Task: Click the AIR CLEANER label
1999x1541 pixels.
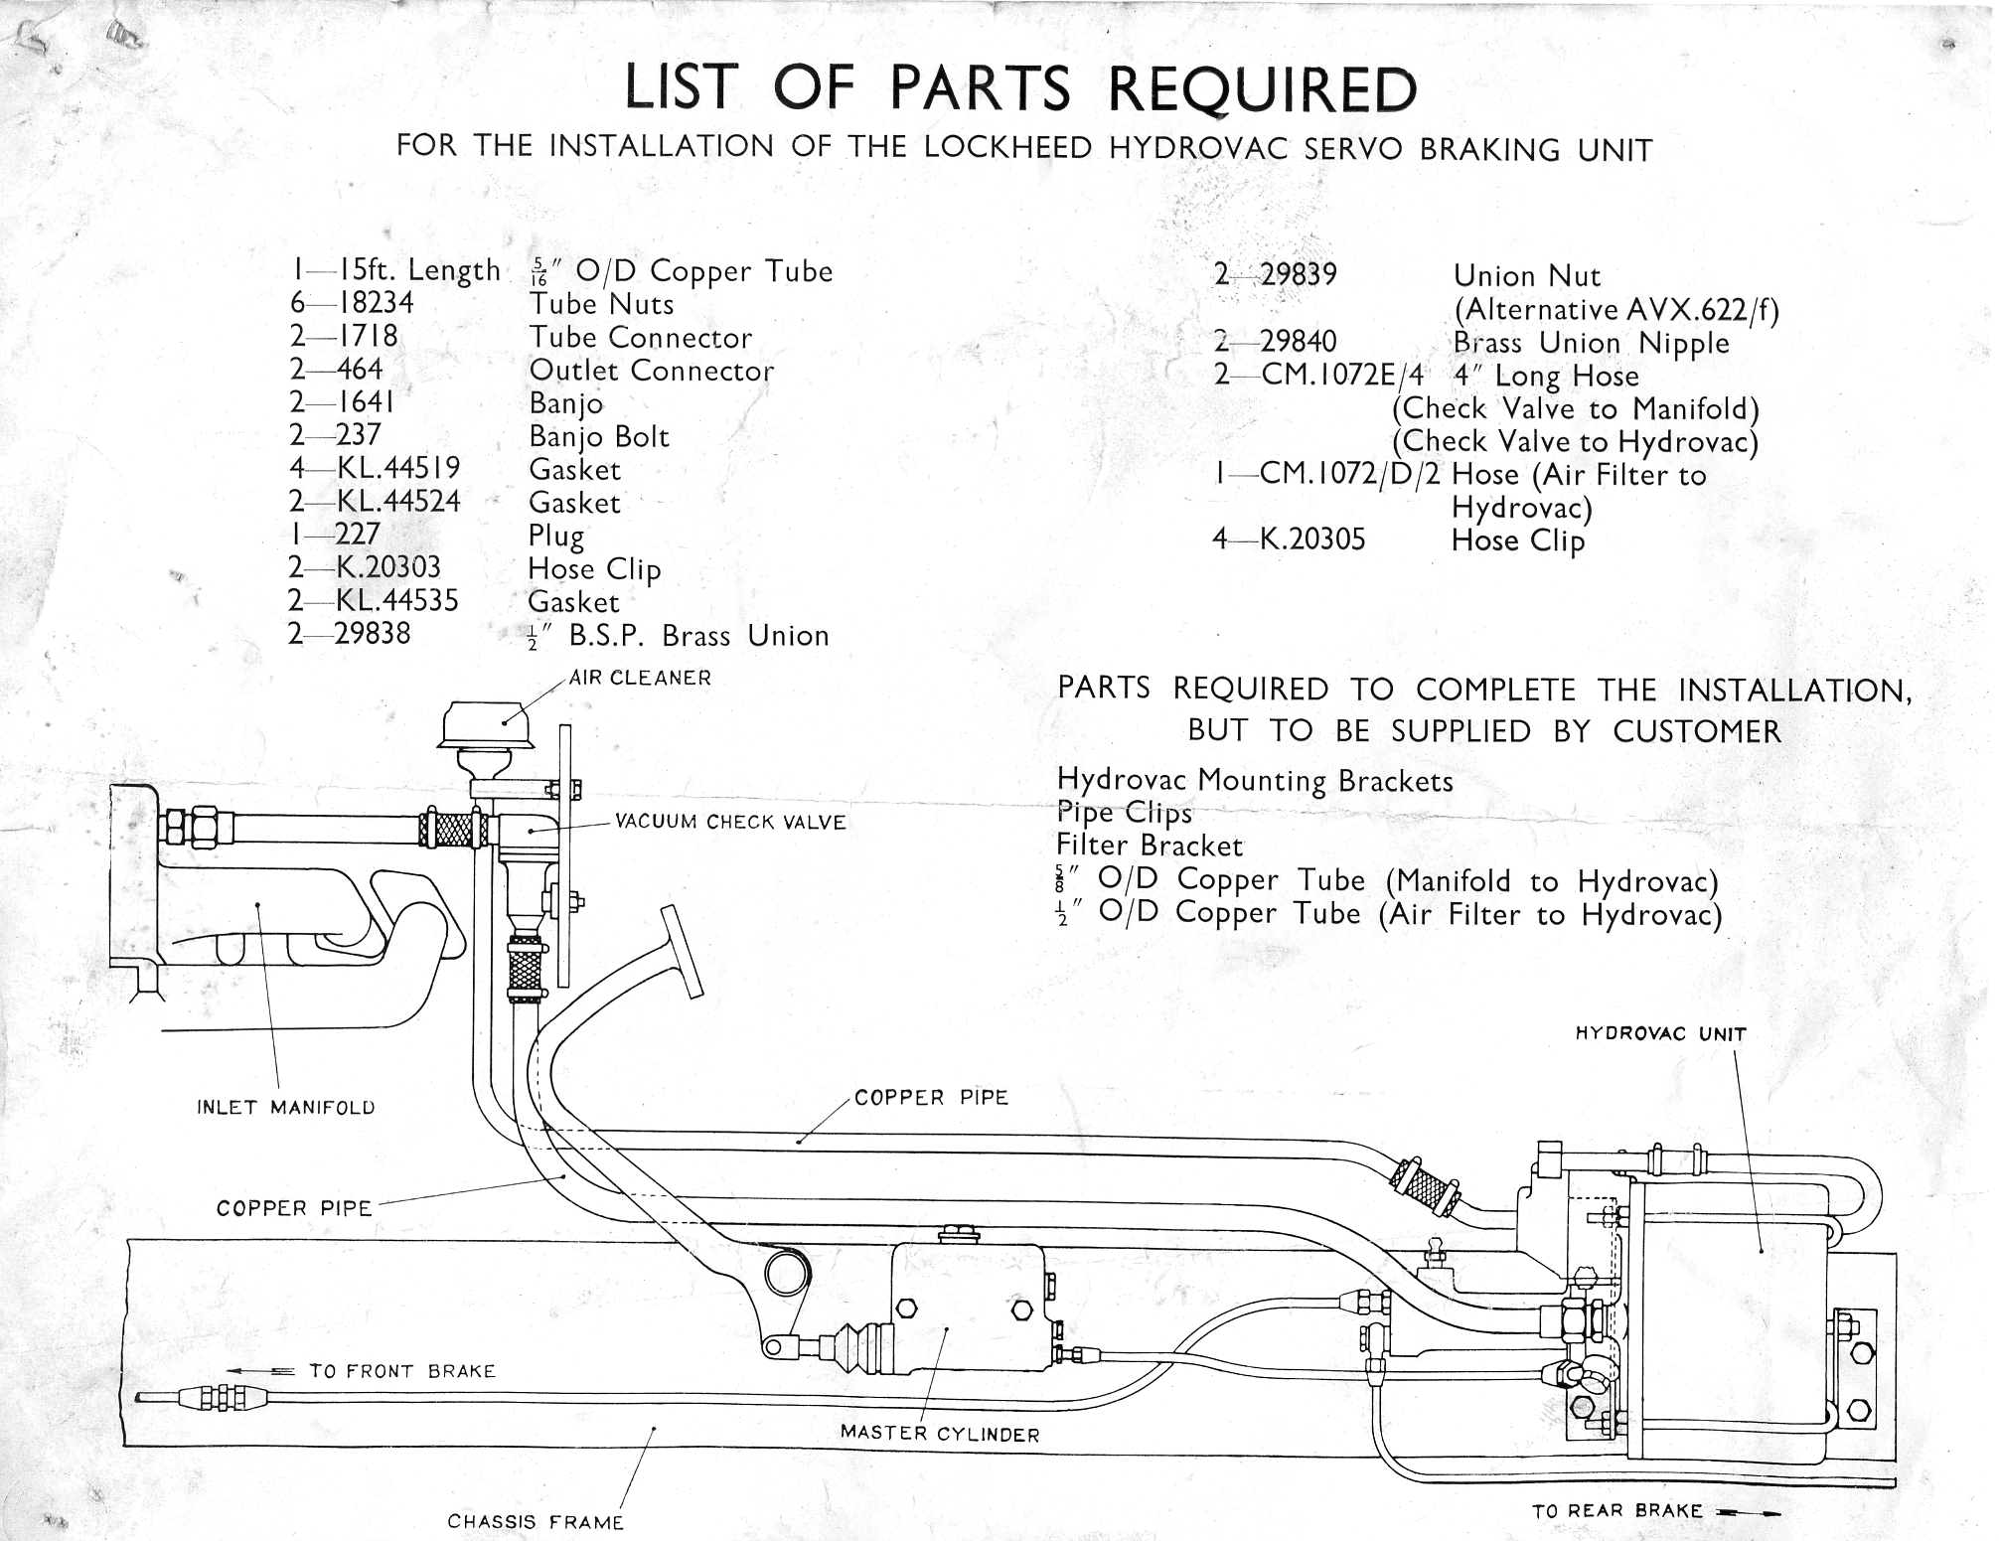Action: point(640,679)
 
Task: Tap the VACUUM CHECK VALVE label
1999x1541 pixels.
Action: point(730,823)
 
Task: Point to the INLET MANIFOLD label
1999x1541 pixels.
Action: point(286,1107)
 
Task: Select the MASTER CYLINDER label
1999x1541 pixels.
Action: point(940,1434)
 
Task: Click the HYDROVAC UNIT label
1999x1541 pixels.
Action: point(1660,1034)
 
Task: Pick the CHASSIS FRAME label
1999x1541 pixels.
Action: point(536,1521)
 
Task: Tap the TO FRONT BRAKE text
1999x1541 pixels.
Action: point(401,1371)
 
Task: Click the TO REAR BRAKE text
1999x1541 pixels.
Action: point(1617,1511)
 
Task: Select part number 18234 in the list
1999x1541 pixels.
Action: point(376,303)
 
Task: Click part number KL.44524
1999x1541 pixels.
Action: point(398,501)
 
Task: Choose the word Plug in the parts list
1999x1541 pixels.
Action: point(556,536)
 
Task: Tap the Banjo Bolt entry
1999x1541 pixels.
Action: point(599,436)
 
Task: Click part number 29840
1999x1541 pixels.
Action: point(1299,342)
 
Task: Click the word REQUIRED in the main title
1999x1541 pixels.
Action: point(1261,89)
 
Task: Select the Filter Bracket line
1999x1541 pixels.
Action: point(1150,846)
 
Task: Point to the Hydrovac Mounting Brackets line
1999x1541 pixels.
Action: point(1255,780)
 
